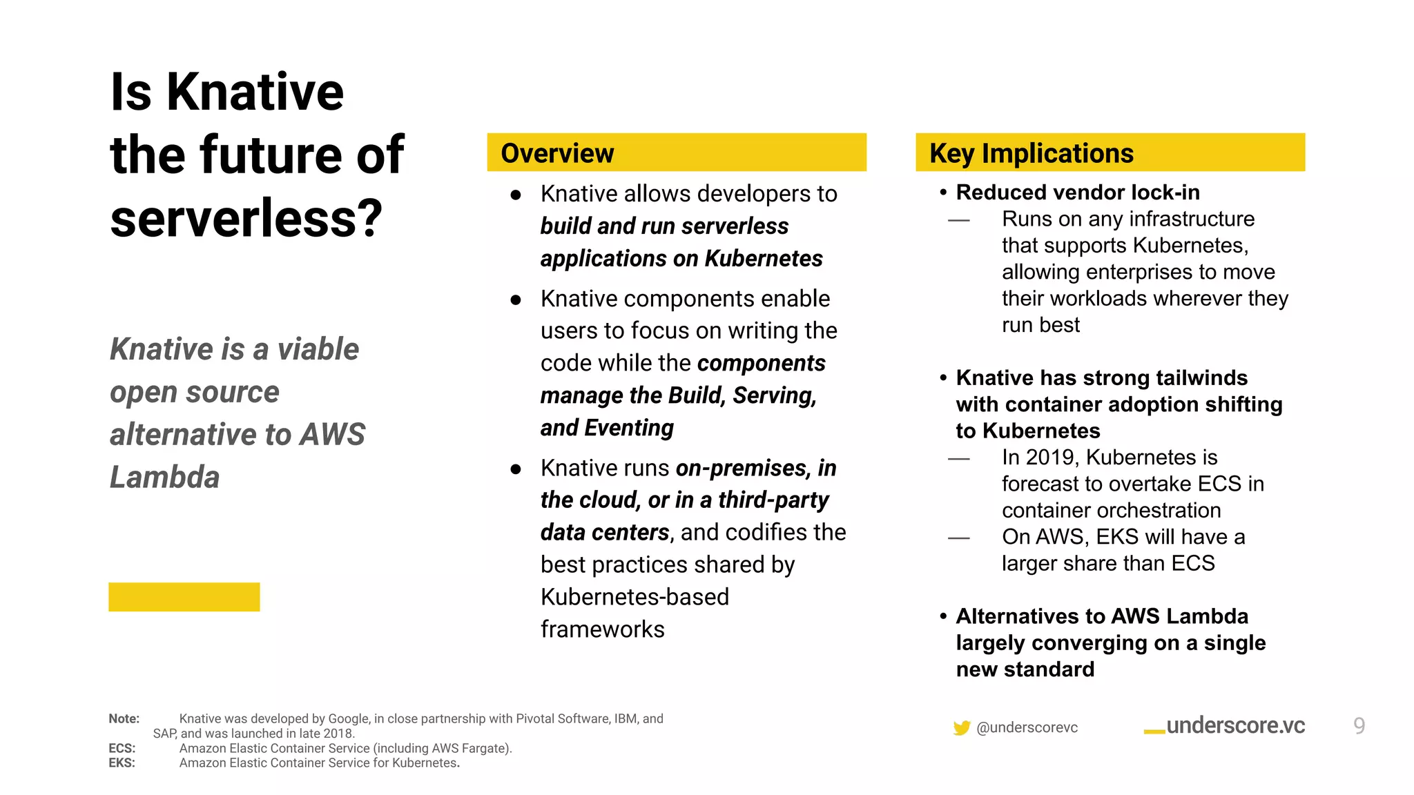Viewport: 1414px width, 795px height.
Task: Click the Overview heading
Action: [556, 153]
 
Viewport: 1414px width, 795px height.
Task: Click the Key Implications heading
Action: [1031, 153]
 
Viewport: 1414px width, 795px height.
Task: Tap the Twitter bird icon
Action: [961, 727]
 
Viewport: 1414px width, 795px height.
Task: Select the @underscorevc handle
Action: [1027, 727]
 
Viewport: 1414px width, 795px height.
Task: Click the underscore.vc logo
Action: [1226, 726]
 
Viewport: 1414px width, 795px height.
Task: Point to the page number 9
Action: [1359, 726]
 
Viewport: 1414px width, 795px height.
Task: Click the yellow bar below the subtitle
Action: [184, 597]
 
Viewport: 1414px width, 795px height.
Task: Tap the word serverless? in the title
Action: [246, 218]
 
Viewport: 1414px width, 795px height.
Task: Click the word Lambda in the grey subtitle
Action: [164, 478]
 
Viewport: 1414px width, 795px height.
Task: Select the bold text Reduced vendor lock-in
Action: [1077, 193]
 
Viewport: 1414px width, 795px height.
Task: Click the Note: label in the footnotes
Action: [124, 718]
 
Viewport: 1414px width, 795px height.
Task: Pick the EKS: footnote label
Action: [122, 763]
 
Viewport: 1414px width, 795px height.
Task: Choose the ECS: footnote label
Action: [122, 748]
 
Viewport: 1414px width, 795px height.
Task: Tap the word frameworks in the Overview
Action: [602, 629]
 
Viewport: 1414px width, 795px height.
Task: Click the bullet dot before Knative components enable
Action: [516, 300]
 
